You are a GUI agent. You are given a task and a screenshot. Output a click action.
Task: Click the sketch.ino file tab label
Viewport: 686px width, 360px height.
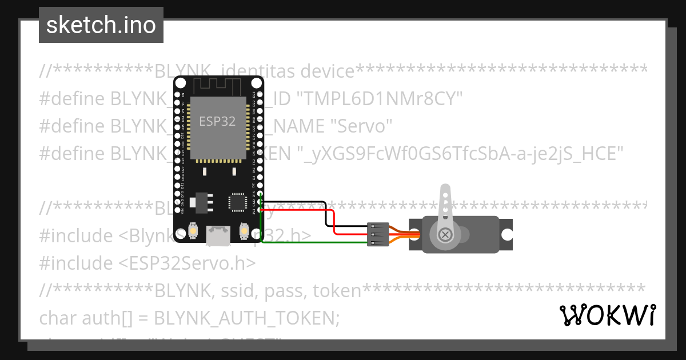(101, 25)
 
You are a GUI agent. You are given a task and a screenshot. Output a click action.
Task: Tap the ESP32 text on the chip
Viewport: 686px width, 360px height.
(217, 121)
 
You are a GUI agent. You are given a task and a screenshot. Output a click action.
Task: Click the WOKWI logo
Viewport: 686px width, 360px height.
(608, 315)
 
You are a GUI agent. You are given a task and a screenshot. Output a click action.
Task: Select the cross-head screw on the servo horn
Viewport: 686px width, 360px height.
(445, 234)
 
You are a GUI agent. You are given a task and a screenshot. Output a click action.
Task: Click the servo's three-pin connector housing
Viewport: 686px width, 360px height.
(378, 234)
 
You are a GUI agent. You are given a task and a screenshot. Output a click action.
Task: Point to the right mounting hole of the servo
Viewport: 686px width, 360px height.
(506, 234)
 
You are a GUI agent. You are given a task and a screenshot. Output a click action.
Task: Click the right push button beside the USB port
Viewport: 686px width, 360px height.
(244, 231)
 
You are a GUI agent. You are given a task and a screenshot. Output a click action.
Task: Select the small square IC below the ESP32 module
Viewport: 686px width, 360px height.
(237, 202)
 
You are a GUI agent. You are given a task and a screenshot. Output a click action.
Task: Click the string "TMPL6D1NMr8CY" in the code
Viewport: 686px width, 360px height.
(381, 99)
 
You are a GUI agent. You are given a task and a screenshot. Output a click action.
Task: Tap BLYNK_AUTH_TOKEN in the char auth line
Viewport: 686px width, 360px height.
(247, 318)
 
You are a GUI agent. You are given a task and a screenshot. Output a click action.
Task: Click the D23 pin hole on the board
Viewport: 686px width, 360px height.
(260, 94)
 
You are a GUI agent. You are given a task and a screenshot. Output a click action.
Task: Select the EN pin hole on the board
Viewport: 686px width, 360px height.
(177, 94)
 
